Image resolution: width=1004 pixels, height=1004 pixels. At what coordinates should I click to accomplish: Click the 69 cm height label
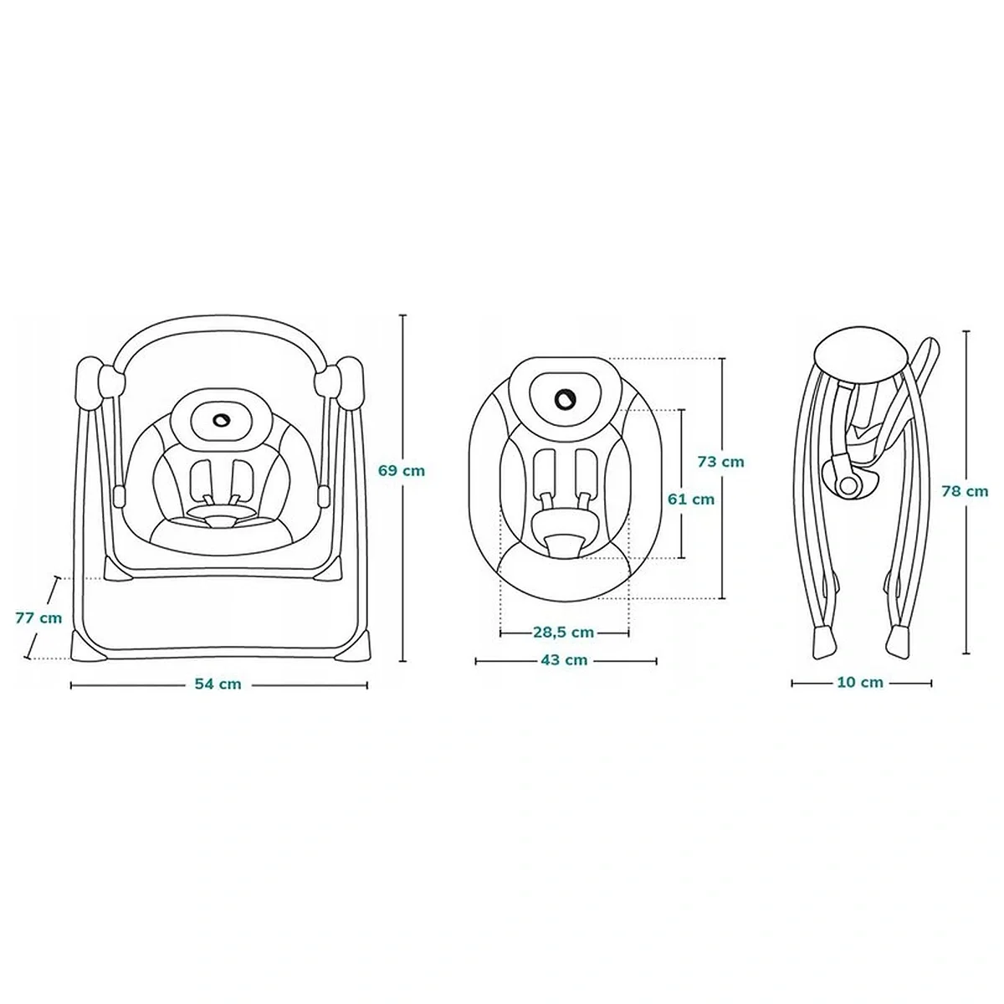[402, 471]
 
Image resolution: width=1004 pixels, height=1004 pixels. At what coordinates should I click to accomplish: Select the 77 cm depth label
[38, 618]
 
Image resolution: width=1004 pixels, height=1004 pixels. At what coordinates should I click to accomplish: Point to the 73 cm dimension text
[720, 462]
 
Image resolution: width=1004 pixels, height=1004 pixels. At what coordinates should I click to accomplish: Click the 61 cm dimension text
[691, 499]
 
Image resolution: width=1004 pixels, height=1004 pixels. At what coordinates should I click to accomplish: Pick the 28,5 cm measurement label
[563, 633]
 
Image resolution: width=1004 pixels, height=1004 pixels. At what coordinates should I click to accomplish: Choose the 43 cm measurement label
[564, 660]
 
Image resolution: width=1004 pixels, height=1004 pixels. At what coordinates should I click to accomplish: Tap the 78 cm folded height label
[965, 491]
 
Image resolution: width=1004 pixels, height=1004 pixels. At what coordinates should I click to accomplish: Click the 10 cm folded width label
[860, 682]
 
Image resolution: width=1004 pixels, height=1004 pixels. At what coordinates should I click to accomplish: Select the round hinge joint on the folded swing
[848, 484]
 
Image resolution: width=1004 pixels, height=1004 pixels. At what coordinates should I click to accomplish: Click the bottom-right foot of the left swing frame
[354, 646]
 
